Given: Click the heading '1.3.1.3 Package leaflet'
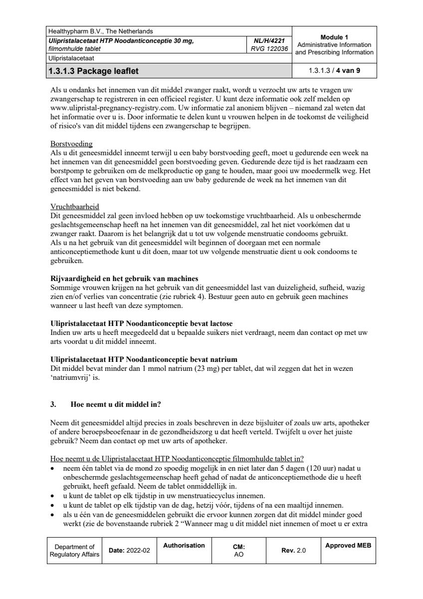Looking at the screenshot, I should click(93, 71).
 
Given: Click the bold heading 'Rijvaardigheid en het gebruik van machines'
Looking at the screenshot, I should click(125, 279).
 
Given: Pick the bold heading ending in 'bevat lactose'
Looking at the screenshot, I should click(142, 323).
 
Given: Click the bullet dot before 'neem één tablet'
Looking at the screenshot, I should click(53, 469).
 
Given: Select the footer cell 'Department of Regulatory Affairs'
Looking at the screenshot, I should click(74, 551).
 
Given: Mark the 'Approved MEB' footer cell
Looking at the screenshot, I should click(348, 546).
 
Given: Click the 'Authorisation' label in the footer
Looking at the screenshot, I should click(184, 546).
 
